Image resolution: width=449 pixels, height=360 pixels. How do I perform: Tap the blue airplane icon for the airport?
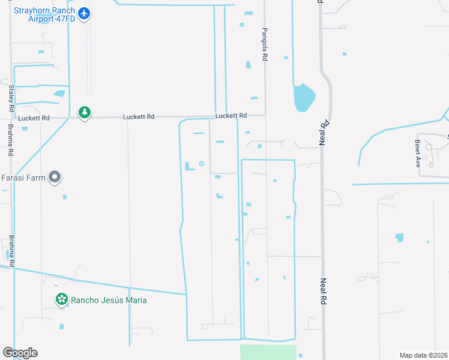pyautogui.click(x=85, y=13)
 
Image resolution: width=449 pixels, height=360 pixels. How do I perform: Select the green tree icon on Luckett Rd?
pyautogui.click(x=85, y=112)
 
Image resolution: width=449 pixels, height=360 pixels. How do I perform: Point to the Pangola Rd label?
pyautogui.click(x=264, y=44)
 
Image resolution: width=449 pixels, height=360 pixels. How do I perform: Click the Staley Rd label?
pyautogui.click(x=11, y=99)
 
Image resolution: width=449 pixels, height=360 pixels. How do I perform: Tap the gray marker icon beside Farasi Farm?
pyautogui.click(x=55, y=177)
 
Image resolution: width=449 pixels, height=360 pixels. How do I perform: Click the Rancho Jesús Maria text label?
pyautogui.click(x=109, y=300)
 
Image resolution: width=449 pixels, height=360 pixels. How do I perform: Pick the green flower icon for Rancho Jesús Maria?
pyautogui.click(x=62, y=299)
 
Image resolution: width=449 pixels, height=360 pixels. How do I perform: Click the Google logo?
pyautogui.click(x=20, y=353)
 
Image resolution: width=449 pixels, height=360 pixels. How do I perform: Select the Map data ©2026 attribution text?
pyautogui.click(x=423, y=355)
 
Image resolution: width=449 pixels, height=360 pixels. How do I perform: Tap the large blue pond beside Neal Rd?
pyautogui.click(x=303, y=98)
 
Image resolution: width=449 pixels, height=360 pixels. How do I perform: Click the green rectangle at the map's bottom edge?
pyautogui.click(x=268, y=352)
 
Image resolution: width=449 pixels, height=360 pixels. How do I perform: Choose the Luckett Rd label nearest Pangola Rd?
pyautogui.click(x=231, y=115)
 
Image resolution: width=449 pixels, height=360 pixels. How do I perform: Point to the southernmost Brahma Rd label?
pyautogui.click(x=11, y=251)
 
